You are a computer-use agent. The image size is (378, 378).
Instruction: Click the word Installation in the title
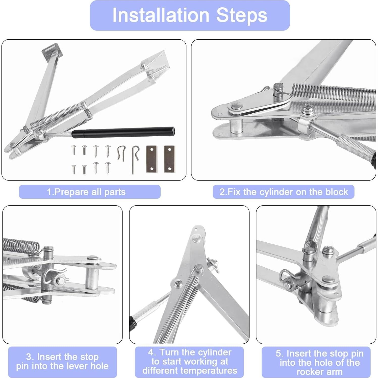click(x=161, y=15)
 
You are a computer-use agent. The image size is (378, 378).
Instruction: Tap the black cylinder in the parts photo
click(x=123, y=132)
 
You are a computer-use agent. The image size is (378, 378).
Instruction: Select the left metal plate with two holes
click(x=152, y=159)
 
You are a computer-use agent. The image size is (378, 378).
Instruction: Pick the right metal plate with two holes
click(x=169, y=159)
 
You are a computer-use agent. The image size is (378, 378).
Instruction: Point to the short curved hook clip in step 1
click(x=121, y=153)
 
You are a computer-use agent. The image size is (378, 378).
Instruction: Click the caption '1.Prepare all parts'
click(x=86, y=192)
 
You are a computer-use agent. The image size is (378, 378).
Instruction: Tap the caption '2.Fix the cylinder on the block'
click(x=284, y=192)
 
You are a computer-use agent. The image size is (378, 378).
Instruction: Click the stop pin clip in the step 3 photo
click(x=54, y=276)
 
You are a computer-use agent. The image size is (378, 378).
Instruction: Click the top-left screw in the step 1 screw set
click(x=74, y=150)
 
